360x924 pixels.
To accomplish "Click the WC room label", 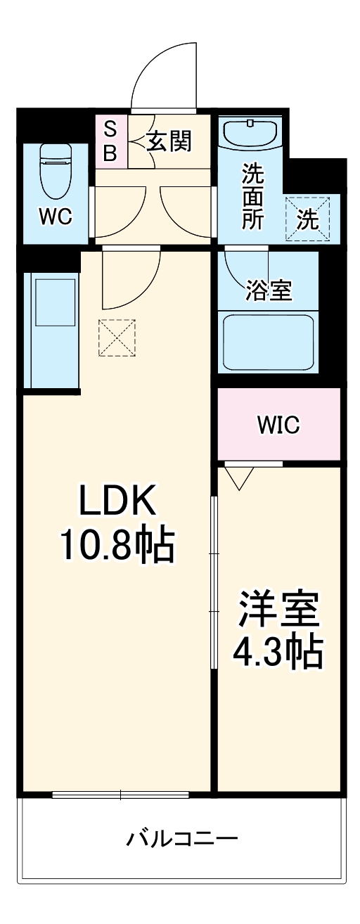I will [x=55, y=217].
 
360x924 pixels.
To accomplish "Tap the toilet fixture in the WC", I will [x=56, y=170].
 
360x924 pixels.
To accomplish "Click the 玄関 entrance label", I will [x=169, y=141].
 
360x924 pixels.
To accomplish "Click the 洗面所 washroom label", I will [x=252, y=196].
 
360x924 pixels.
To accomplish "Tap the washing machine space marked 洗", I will [x=307, y=218].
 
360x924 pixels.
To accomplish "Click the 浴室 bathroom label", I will [x=269, y=290].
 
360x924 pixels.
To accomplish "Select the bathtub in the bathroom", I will [x=268, y=340].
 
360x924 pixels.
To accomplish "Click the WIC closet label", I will [x=278, y=425].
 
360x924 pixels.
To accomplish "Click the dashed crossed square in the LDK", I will [x=116, y=338].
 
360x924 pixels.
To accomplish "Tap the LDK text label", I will [x=116, y=503].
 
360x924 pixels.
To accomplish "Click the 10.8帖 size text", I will [x=117, y=545].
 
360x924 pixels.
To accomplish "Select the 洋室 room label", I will [x=278, y=610].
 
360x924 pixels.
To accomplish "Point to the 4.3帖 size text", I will [x=278, y=653].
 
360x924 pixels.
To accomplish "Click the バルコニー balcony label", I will [x=182, y=839].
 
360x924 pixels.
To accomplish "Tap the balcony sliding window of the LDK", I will [x=120, y=795].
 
